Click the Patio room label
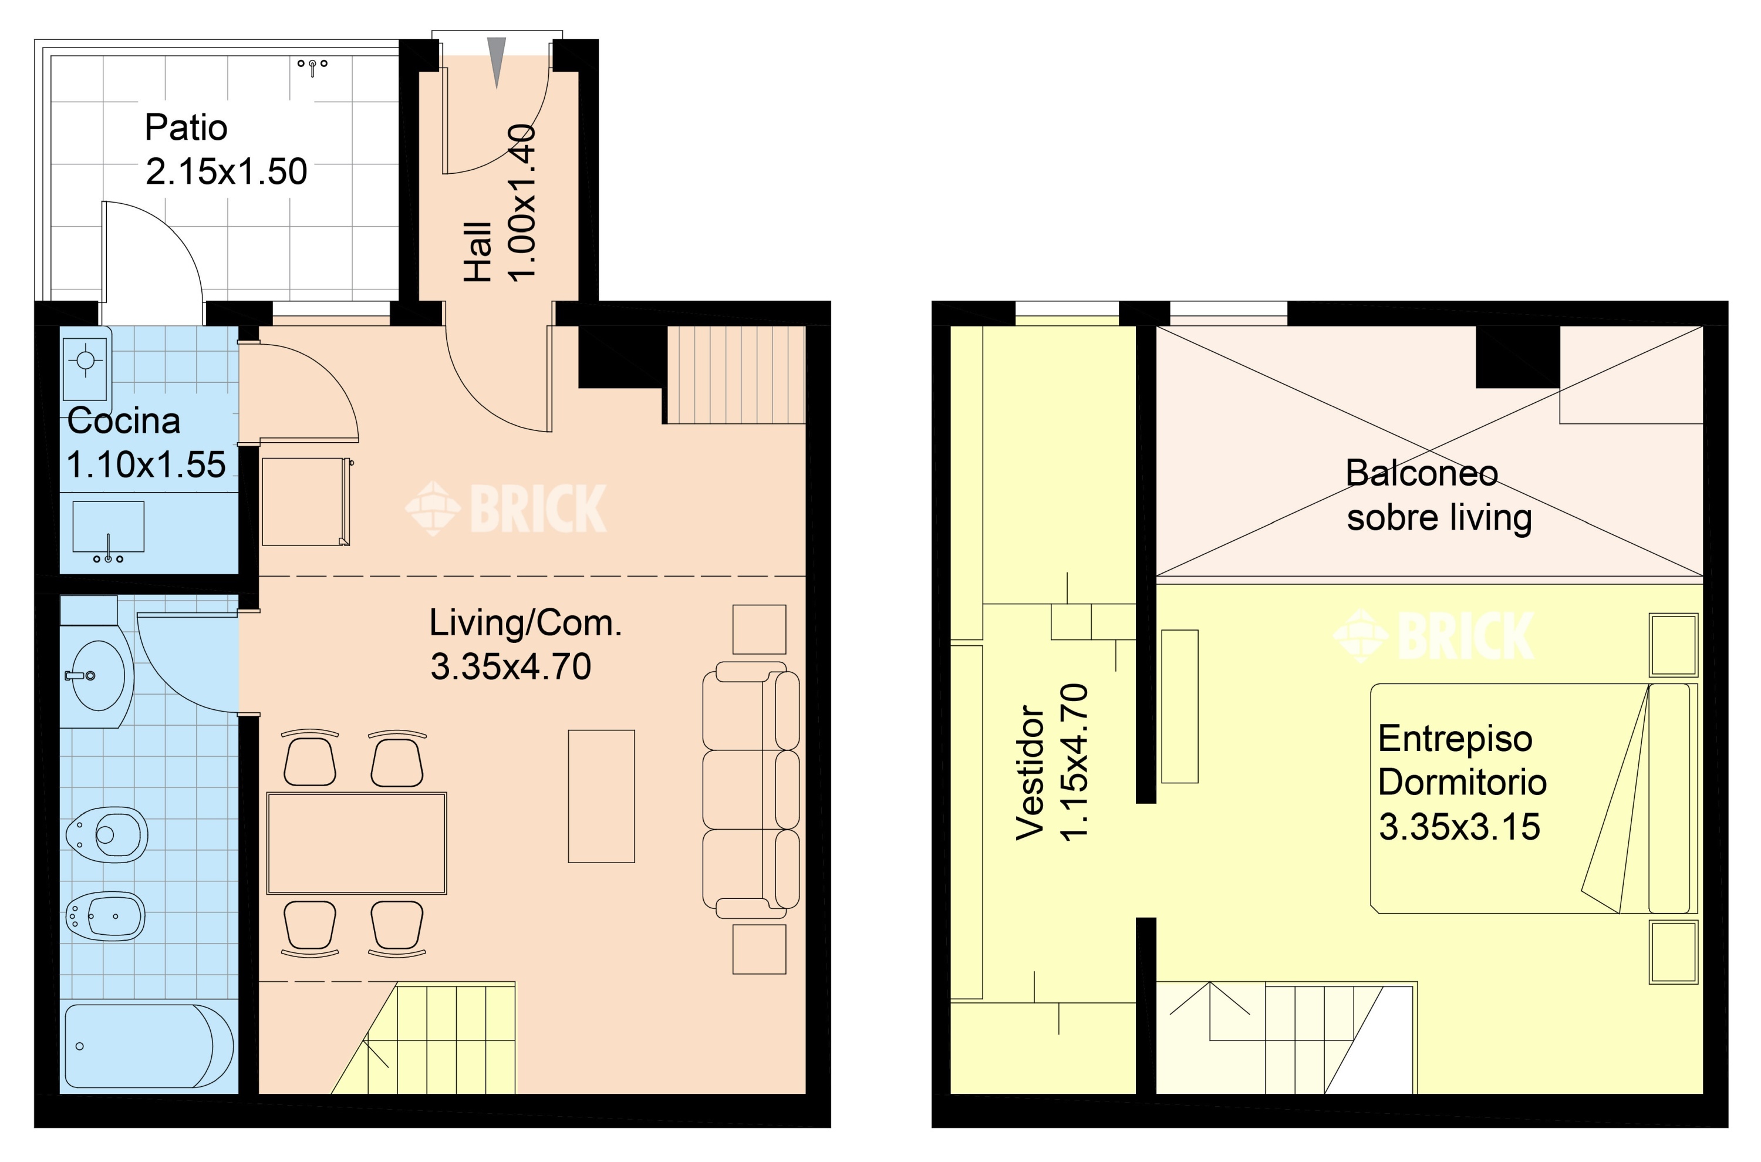click(x=186, y=127)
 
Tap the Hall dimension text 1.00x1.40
click(x=522, y=203)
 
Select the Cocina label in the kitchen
click(x=124, y=421)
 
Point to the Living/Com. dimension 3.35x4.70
click(x=511, y=667)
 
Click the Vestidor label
click(x=1030, y=772)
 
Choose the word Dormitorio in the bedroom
click(x=1462, y=782)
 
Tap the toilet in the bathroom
click(x=107, y=834)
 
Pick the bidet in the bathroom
click(x=105, y=916)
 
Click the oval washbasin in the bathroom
click(x=96, y=676)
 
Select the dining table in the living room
click(x=356, y=843)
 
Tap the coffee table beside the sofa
click(x=602, y=797)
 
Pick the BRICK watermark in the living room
click(x=506, y=508)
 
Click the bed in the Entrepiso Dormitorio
click(x=1534, y=798)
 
